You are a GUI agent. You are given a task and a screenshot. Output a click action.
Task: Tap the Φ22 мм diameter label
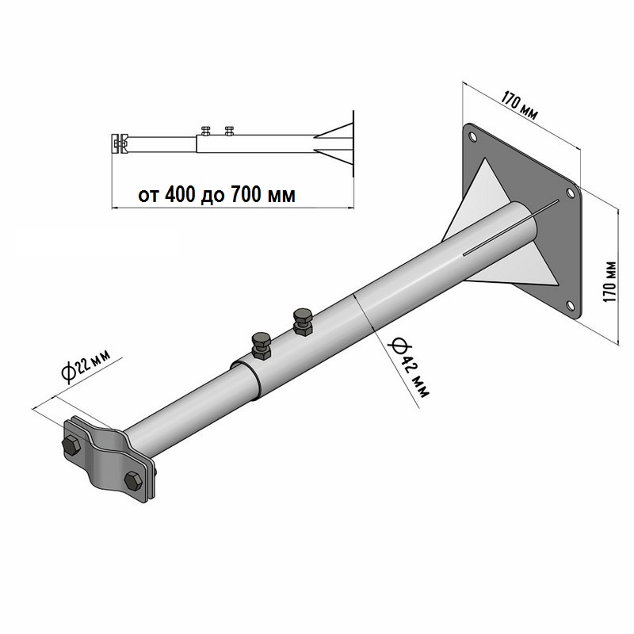click(x=86, y=365)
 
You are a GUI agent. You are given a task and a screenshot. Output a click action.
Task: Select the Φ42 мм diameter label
click(x=408, y=368)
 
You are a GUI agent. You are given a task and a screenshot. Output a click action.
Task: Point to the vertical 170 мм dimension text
click(x=610, y=282)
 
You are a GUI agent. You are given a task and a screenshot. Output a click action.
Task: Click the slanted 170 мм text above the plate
click(x=520, y=105)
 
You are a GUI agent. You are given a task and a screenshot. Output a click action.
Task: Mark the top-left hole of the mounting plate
click(x=472, y=136)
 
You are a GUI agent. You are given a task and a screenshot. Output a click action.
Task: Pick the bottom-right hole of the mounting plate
click(x=571, y=305)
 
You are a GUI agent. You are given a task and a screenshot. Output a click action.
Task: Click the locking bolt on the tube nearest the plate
click(x=303, y=322)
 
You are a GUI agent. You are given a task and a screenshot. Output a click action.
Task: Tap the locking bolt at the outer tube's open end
click(x=262, y=346)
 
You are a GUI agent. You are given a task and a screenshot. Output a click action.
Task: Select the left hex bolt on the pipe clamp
click(x=71, y=445)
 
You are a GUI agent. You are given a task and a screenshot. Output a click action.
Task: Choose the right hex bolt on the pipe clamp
click(x=133, y=481)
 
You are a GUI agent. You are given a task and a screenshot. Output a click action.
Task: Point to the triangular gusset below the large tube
click(x=513, y=272)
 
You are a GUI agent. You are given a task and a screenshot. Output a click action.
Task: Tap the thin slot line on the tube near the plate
click(x=511, y=227)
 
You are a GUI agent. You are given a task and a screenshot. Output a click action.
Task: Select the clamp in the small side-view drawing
click(x=119, y=143)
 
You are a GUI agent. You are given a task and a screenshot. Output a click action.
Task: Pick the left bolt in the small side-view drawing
click(x=206, y=131)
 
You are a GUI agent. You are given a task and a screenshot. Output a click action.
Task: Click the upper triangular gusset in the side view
click(x=334, y=130)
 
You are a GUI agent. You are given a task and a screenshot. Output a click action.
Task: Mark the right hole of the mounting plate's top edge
click(x=570, y=193)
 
